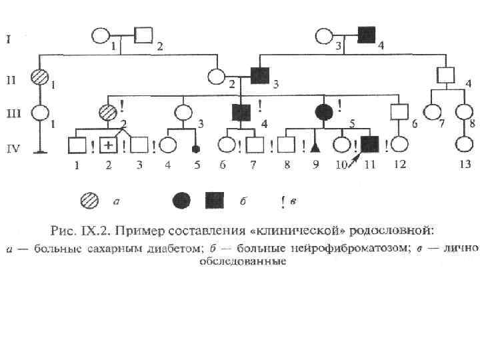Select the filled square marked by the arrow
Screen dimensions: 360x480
tap(369, 144)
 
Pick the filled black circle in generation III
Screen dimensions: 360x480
tap(323, 111)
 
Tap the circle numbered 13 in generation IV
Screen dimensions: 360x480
tap(464, 144)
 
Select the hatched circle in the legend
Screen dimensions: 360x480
tap(89, 199)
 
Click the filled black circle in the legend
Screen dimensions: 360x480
tap(182, 199)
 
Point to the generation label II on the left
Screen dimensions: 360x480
tap(11, 81)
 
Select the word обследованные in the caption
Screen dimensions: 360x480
tap(243, 262)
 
